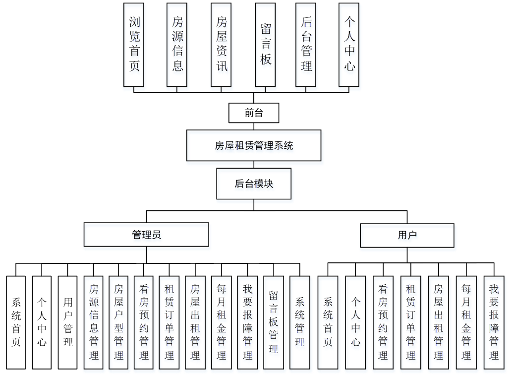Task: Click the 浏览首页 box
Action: point(134,45)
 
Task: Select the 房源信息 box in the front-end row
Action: point(177,45)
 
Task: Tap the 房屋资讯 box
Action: point(222,45)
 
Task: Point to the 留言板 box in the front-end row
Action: point(266,45)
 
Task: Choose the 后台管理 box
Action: point(306,45)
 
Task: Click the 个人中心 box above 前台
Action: point(349,45)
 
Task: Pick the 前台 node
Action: point(254,113)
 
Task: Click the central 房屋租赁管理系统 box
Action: point(254,145)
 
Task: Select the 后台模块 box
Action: point(254,184)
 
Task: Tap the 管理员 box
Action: point(146,235)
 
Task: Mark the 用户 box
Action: point(407,235)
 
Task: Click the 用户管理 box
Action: point(68,322)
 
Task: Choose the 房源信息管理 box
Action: point(94,322)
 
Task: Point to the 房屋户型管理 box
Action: point(119,322)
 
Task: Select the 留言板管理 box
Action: point(273,322)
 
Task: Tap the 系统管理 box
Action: point(299,322)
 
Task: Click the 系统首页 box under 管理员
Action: point(16,322)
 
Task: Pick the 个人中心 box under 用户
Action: point(355,322)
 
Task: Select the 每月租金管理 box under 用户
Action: point(466,322)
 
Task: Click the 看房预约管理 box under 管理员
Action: point(144,322)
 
